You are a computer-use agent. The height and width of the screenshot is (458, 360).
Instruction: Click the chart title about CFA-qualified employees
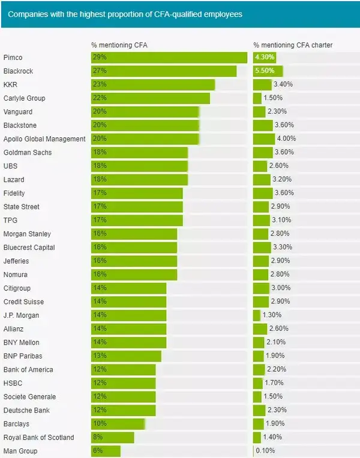click(125, 14)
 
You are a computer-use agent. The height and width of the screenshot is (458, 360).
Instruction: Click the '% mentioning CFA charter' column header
click(293, 45)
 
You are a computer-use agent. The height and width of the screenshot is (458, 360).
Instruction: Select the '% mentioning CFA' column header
click(119, 45)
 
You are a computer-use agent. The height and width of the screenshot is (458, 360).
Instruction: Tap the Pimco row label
click(13, 58)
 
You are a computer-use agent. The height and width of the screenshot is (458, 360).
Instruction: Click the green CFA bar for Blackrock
click(164, 71)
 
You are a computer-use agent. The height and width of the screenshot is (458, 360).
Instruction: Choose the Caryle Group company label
click(24, 98)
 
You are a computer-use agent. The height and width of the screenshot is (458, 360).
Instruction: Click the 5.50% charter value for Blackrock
click(265, 71)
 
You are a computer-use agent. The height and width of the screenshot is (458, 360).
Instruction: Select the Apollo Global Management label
click(44, 139)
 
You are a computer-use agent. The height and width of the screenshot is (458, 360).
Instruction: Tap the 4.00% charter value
click(286, 139)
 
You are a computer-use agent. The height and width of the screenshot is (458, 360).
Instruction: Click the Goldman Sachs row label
click(28, 152)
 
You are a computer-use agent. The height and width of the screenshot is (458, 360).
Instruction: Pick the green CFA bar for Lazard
click(139, 180)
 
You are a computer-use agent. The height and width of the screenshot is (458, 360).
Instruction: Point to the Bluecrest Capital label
click(29, 248)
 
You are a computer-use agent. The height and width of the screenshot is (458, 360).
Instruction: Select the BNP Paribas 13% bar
click(126, 356)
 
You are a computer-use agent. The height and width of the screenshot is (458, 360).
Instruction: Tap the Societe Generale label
click(29, 397)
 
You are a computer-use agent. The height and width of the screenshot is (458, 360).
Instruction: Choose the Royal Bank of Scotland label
click(38, 438)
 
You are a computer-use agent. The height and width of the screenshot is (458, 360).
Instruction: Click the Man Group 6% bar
click(106, 451)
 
